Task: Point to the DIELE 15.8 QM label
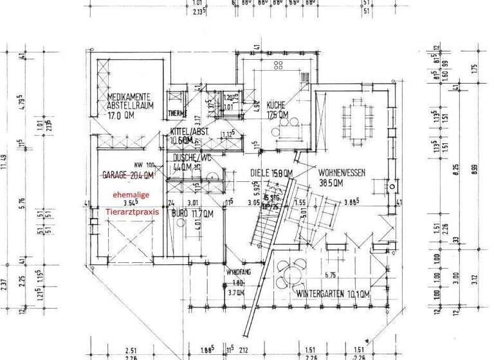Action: click(271, 172)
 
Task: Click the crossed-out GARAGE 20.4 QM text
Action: click(128, 174)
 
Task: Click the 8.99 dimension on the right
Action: click(477, 170)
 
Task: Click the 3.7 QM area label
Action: click(237, 292)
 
